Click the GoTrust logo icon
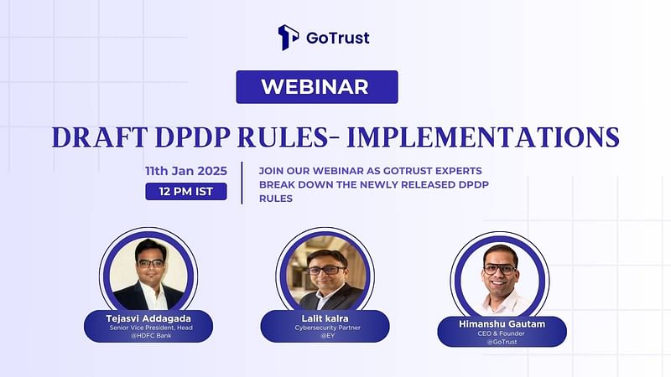coord(288,37)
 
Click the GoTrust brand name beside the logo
coord(338,38)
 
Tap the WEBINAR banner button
coord(317,87)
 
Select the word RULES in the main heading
coord(283,137)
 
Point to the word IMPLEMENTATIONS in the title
coord(483,137)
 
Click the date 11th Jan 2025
coord(186,171)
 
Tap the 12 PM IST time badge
coord(186,192)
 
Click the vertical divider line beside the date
coord(242,183)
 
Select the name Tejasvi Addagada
coord(148,318)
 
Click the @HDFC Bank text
coord(151,336)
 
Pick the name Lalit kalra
coord(325,318)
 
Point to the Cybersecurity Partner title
coord(327,328)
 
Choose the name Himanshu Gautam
coord(502,324)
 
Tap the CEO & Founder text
coord(501,333)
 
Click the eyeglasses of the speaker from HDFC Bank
coord(151,263)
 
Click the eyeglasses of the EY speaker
coord(326,271)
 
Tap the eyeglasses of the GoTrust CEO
coord(500,270)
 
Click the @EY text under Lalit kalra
coord(327,336)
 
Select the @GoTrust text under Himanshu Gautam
coord(502,342)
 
